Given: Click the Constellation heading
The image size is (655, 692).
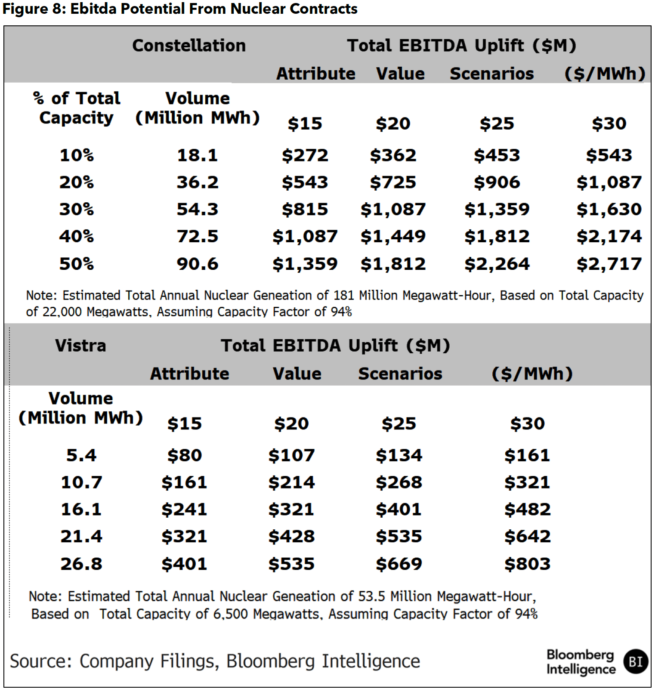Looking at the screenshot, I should click(189, 45).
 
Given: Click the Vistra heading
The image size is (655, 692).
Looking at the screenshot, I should click(80, 346).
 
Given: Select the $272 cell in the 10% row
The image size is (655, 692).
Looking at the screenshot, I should click(305, 155).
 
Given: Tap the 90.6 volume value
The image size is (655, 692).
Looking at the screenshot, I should click(198, 264).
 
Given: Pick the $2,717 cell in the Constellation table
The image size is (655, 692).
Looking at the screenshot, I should click(609, 264).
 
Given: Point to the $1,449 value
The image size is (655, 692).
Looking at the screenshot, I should click(393, 236).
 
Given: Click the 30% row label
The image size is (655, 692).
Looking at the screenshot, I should click(77, 209).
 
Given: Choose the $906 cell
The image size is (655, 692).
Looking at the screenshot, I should click(497, 182).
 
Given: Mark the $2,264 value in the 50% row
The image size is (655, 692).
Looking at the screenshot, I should click(497, 264).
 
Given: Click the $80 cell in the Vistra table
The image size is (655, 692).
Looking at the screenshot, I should click(185, 455).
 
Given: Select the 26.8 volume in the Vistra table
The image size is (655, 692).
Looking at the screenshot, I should click(81, 564).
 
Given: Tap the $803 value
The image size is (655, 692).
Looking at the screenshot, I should click(527, 564).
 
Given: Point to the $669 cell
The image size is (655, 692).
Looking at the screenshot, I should click(399, 564).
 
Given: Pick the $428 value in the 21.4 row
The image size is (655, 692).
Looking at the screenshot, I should click(291, 537).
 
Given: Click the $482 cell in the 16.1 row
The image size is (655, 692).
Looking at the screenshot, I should click(527, 510).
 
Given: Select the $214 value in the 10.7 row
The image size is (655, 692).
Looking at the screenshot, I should click(291, 482).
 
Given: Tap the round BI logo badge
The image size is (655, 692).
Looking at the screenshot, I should click(636, 661).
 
